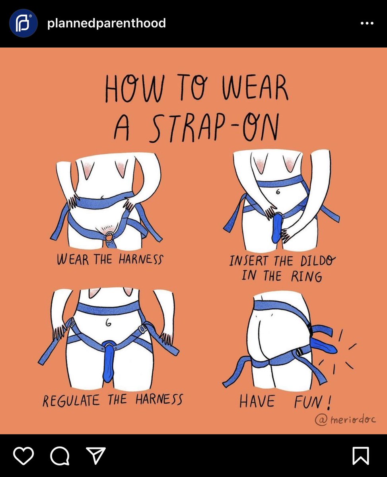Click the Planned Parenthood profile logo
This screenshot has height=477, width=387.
23,23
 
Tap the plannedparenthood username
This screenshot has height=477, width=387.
107,23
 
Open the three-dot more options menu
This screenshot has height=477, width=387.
367,23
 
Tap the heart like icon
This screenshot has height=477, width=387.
23,456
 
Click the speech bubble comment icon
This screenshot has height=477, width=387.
60,456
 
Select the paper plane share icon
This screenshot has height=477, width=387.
96,455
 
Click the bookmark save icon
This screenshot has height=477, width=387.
361,456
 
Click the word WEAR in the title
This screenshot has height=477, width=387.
255,87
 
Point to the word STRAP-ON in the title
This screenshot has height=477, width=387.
215,128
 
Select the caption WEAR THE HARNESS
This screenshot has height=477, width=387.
110,260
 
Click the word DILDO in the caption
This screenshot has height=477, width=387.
318,261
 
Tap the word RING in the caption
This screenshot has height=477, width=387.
307,276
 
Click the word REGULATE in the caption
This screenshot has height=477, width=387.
71,401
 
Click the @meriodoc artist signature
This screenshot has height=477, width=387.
345,419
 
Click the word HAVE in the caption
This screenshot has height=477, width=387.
257,401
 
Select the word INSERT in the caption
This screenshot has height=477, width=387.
249,261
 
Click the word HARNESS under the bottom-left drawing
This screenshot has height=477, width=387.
159,399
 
